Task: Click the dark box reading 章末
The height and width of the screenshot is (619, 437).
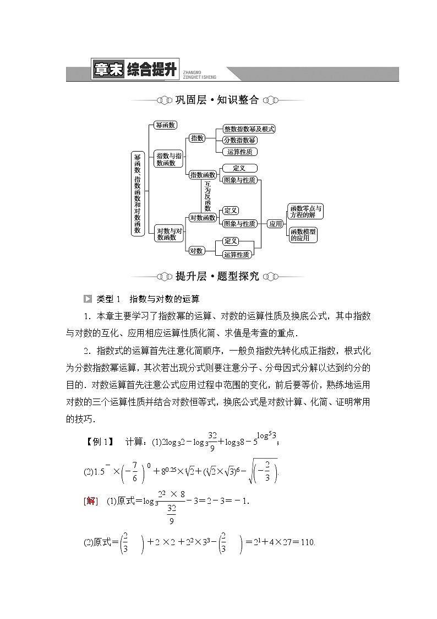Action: pos(108,71)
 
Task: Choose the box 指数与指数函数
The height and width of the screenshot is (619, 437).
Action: pos(168,159)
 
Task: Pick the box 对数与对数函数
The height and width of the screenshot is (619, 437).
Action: pos(168,234)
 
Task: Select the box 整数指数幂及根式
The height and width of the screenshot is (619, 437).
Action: pos(249,129)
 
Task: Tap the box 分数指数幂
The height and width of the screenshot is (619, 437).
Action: pos(240,141)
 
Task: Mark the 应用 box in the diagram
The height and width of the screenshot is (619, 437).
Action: pos(275,224)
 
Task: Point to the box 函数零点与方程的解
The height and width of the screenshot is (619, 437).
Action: pos(306,212)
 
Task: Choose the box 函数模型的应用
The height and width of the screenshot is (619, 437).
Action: pos(303,235)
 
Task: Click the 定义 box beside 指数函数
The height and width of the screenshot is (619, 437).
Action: pos(238,168)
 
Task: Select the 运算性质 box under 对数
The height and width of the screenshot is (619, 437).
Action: pos(237,255)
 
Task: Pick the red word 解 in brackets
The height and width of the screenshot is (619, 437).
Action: pos(91,500)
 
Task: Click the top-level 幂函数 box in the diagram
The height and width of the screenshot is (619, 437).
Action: pos(165,125)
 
